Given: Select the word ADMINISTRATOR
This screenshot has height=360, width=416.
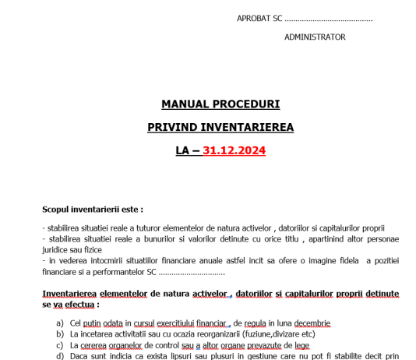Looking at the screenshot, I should tap(315, 37).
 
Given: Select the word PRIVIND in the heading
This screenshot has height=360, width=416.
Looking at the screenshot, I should tap(176, 126).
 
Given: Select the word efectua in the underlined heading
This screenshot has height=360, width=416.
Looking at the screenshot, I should tap(82, 305).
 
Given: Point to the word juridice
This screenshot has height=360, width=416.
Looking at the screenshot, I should tap(57, 249).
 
